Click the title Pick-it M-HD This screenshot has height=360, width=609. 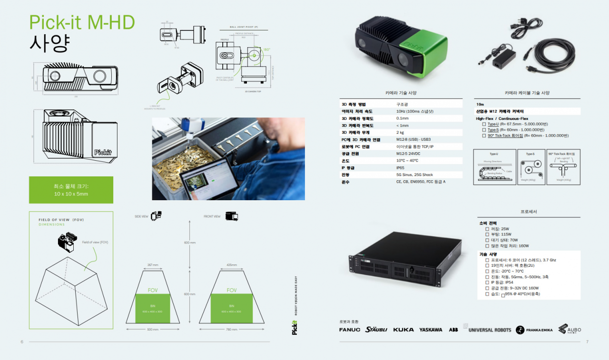pos(82,22)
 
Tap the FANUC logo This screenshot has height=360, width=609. pos(350,330)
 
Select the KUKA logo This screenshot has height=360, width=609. pos(403,330)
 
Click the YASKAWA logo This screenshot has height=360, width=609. pos(431,330)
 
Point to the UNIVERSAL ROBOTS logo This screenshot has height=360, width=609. pos(490,330)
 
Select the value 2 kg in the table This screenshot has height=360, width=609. pos(401,132)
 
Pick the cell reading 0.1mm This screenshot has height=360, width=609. pos(403,118)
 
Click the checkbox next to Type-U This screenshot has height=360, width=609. pos(484,124)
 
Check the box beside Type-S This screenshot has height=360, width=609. pos(484,130)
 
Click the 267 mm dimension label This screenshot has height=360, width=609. pos(153,265)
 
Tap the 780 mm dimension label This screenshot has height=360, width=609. pos(231,329)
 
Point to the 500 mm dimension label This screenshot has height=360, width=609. pos(153,329)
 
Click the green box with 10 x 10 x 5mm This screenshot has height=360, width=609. pos(71,190)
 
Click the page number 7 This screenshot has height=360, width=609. pos(587,341)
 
